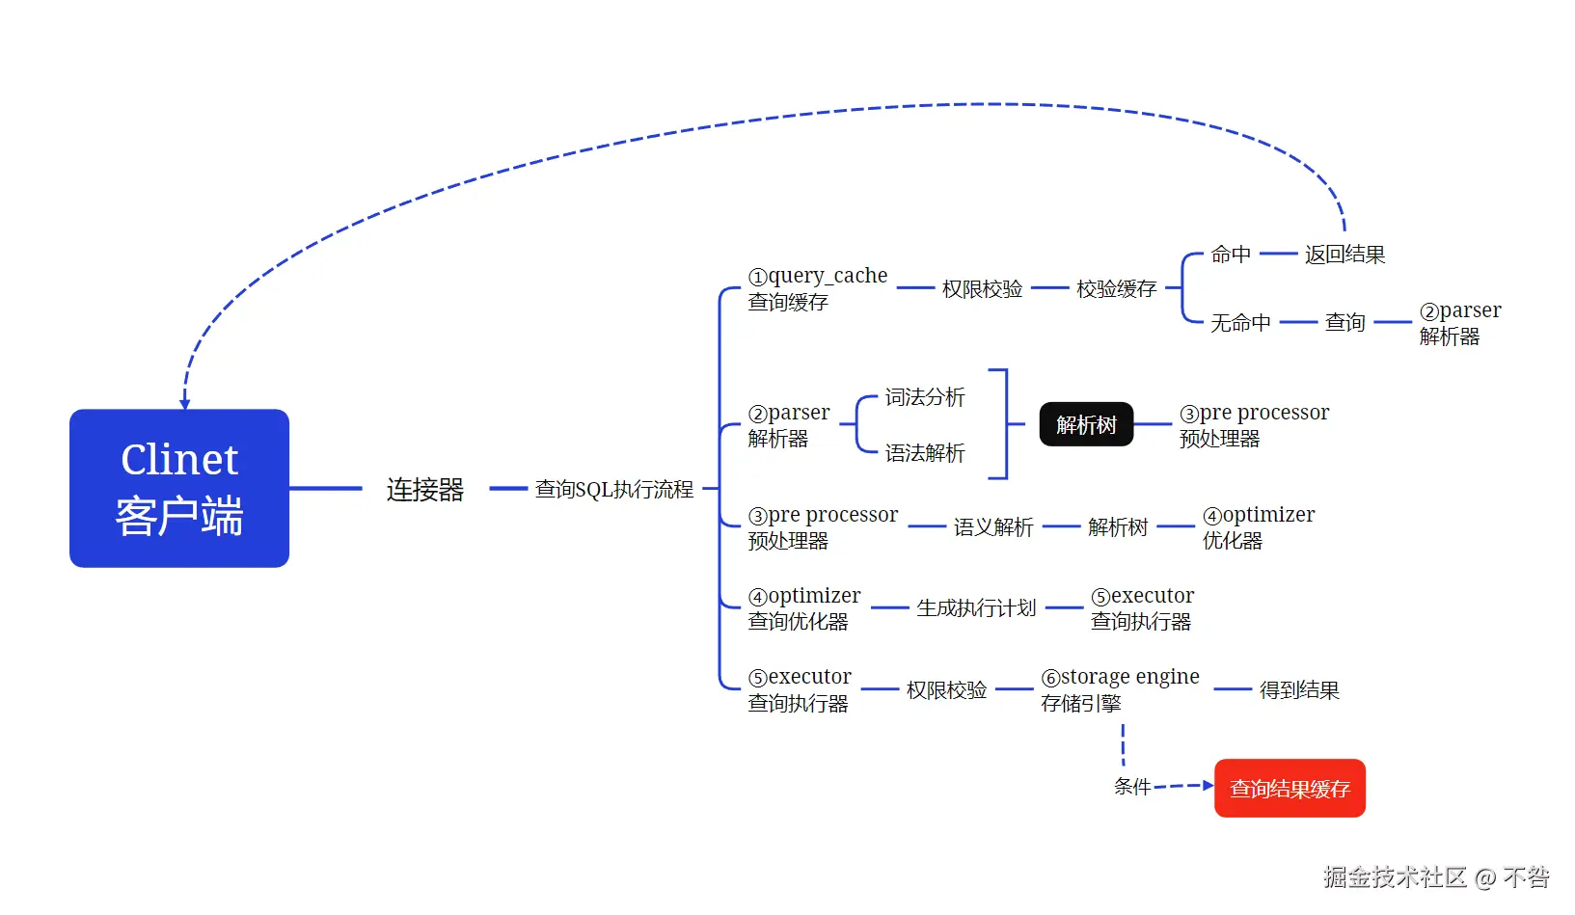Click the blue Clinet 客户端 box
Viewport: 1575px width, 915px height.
[x=179, y=488]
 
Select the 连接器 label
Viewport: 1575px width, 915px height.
[x=425, y=490]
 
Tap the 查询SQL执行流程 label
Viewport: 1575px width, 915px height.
[x=614, y=490]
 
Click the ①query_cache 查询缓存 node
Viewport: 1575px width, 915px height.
[x=817, y=288]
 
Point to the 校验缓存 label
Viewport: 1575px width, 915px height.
[x=1116, y=288]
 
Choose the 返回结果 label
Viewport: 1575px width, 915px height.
[x=1344, y=255]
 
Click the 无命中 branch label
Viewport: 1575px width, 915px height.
[x=1240, y=322]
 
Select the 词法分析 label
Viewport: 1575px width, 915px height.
[x=925, y=397]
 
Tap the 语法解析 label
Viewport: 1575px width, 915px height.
[x=925, y=453]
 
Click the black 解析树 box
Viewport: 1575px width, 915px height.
[x=1086, y=425]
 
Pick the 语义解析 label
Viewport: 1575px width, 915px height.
[x=993, y=527]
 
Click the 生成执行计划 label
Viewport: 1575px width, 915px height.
[x=976, y=608]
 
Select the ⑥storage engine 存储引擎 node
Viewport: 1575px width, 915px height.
[x=1120, y=689]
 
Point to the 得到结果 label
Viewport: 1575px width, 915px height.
[x=1299, y=690]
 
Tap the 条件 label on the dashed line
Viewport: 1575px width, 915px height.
[x=1132, y=787]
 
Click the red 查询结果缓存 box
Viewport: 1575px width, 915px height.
[x=1290, y=789]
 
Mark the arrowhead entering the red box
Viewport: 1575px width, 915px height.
[x=1208, y=786]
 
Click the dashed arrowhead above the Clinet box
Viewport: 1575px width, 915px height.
[x=184, y=403]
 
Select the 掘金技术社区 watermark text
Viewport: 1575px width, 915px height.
[x=1395, y=877]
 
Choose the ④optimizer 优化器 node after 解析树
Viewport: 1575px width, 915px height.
[x=1258, y=527]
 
